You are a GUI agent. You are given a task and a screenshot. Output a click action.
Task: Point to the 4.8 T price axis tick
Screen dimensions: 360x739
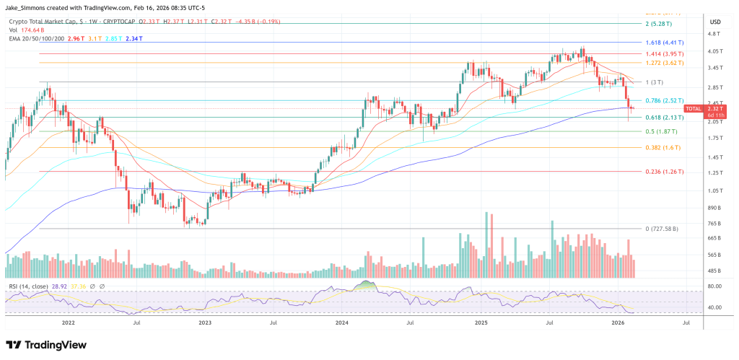point(714,34)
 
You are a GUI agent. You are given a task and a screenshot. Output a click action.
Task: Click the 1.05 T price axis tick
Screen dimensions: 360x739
point(714,190)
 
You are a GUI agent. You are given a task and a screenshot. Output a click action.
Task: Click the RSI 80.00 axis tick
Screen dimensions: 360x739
point(714,286)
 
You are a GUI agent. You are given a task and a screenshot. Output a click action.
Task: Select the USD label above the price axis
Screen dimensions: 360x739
point(715,21)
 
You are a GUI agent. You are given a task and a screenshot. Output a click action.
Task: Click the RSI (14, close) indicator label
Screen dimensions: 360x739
point(29,286)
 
